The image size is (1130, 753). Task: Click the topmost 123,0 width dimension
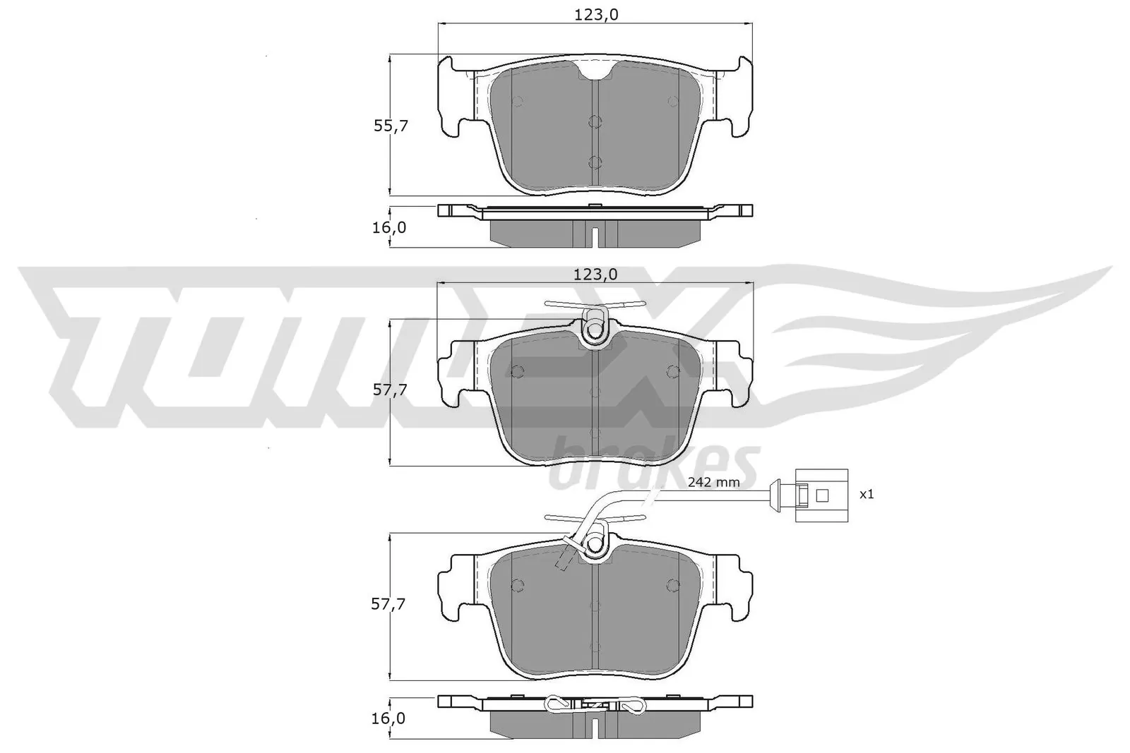595,14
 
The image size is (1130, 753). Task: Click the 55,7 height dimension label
391,126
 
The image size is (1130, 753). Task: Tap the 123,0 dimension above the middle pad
595,275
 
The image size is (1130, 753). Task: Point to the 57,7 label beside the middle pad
391,390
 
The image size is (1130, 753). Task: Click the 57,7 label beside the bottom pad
391,604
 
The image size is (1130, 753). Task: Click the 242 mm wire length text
713,483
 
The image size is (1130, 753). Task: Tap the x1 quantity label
867,494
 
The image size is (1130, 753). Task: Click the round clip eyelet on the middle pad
595,330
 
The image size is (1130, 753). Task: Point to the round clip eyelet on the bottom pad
595,545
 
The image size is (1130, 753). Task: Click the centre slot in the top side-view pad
595,237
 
